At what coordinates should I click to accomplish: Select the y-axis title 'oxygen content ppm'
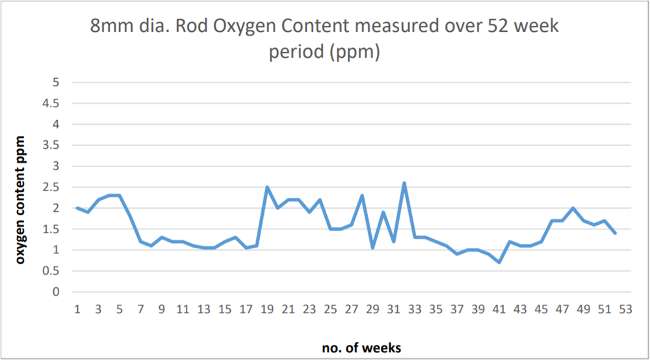(21, 199)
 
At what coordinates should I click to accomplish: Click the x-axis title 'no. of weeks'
(361, 348)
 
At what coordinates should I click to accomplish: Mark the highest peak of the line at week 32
(404, 183)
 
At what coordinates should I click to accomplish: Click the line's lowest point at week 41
(499, 263)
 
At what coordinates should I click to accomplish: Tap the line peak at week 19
(267, 187)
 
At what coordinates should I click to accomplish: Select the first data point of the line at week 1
(77, 208)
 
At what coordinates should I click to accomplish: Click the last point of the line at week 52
(615, 233)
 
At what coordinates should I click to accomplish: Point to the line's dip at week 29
(372, 248)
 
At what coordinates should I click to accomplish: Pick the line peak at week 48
(573, 208)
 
